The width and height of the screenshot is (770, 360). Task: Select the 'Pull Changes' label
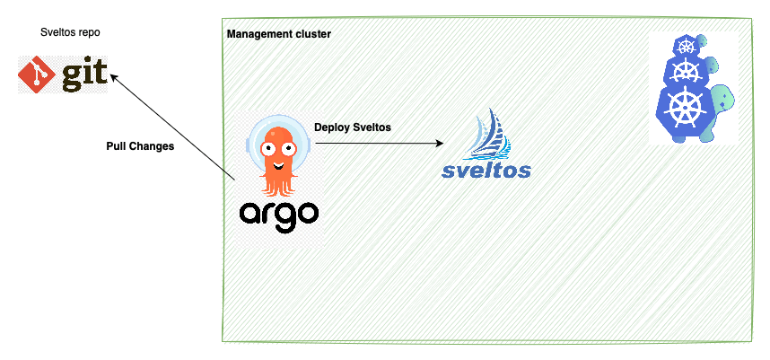pyautogui.click(x=140, y=145)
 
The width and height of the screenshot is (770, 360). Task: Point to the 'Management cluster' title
pyautogui.click(x=279, y=34)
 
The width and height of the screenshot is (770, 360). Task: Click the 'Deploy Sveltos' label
pyautogui.click(x=352, y=127)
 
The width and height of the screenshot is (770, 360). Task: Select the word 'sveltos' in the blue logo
pyautogui.click(x=486, y=169)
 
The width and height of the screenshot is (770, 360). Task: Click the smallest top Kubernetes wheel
pyautogui.click(x=687, y=47)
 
